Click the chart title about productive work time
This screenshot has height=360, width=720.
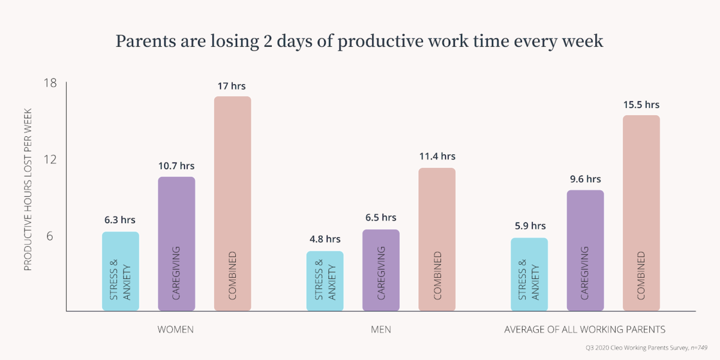pyautogui.click(x=359, y=41)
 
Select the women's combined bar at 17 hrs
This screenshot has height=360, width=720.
pyautogui.click(x=232, y=204)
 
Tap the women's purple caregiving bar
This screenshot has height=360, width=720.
pyautogui.click(x=176, y=244)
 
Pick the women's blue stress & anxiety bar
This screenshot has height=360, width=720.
pyautogui.click(x=120, y=271)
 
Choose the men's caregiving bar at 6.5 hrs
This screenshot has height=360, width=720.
pyautogui.click(x=380, y=270)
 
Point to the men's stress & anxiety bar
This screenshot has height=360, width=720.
pyautogui.click(x=325, y=281)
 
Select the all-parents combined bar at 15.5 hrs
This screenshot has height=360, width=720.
pyautogui.click(x=641, y=213)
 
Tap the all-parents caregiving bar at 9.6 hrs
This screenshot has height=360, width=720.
pyautogui.click(x=585, y=250)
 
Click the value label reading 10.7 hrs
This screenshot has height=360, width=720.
pyautogui.click(x=176, y=166)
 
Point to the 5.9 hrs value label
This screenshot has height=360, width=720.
pyautogui.click(x=529, y=226)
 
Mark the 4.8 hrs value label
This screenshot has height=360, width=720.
pyautogui.click(x=325, y=239)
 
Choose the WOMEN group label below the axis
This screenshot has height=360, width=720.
pyautogui.click(x=175, y=330)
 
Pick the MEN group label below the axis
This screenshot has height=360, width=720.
pyautogui.click(x=380, y=330)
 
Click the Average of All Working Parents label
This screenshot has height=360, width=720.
pyautogui.click(x=584, y=330)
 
